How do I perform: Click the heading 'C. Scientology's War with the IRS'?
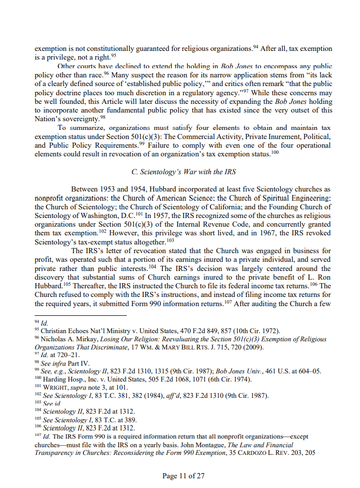tap(183, 172)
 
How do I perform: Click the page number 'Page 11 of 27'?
tap(183, 476)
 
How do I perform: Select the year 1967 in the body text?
tap(261, 233)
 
